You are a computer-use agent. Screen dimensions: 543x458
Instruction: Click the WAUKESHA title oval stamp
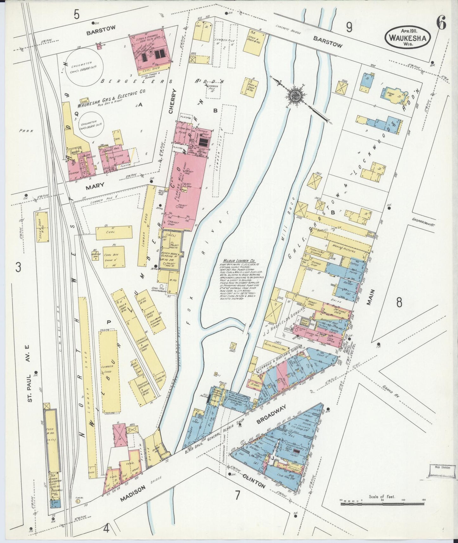[408, 37]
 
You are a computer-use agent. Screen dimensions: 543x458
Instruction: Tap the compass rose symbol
[295, 94]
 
